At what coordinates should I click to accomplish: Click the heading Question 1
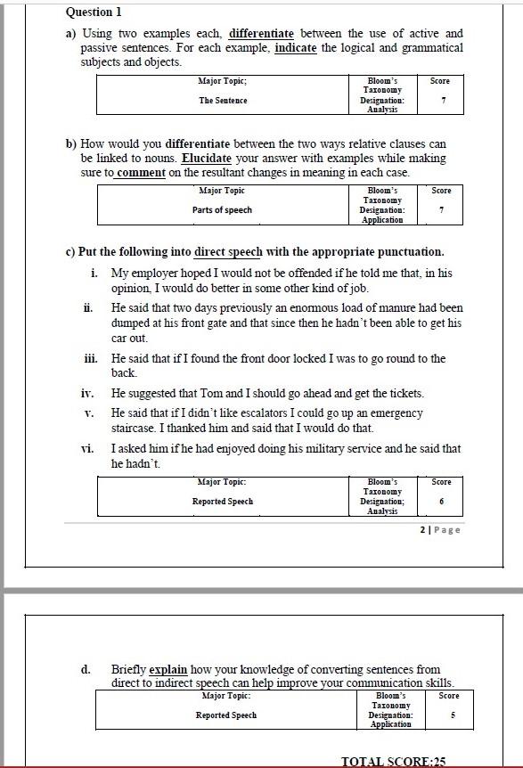94,12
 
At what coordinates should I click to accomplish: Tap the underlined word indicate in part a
296,48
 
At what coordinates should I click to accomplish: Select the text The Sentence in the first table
223,101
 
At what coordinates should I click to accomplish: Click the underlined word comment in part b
141,172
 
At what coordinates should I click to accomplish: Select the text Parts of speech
222,210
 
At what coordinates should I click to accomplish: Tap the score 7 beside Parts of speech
441,210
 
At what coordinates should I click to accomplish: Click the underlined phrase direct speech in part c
228,251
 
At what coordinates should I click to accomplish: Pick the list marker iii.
90,358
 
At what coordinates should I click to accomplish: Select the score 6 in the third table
441,502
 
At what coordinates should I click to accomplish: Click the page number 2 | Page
439,529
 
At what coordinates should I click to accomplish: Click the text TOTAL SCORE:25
393,761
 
